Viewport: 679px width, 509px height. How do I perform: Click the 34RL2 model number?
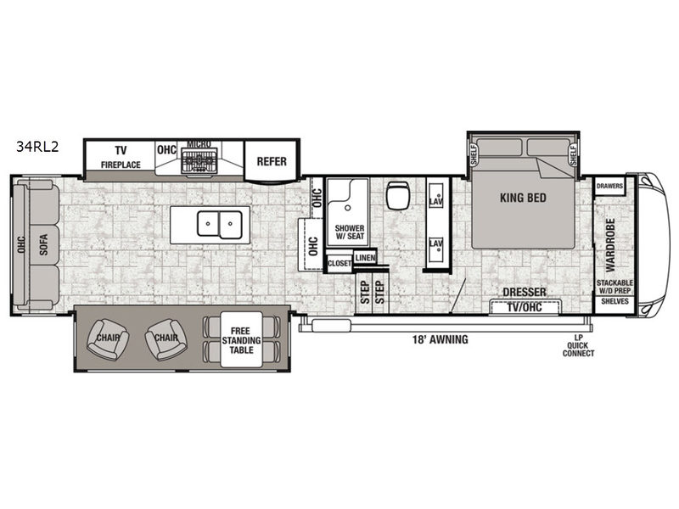pyautogui.click(x=37, y=147)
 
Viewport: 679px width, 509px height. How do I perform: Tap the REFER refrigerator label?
pyautogui.click(x=272, y=161)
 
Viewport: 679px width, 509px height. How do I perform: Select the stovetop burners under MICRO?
pyautogui.click(x=199, y=160)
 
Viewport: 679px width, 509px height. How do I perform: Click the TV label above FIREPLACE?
pyautogui.click(x=121, y=151)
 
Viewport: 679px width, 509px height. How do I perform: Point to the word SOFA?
pyautogui.click(x=43, y=244)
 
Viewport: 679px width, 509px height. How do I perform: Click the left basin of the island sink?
pyautogui.click(x=208, y=223)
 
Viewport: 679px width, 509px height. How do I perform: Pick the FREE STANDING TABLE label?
pyautogui.click(x=241, y=340)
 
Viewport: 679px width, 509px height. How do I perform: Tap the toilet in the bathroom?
pyautogui.click(x=396, y=194)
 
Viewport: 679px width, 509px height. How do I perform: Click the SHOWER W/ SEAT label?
pyautogui.click(x=350, y=232)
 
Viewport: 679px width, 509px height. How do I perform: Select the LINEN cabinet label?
pyautogui.click(x=365, y=258)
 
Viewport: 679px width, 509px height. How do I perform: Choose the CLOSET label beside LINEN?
pyautogui.click(x=339, y=263)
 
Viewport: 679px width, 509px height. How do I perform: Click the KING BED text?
pyautogui.click(x=523, y=198)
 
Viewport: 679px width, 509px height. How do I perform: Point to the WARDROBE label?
pyautogui.click(x=610, y=245)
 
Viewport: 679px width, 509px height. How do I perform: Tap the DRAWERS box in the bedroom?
pyautogui.click(x=609, y=186)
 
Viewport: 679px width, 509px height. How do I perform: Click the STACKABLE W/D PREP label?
pyautogui.click(x=614, y=287)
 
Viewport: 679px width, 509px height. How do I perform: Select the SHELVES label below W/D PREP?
pyautogui.click(x=614, y=301)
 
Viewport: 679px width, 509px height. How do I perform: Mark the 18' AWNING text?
pyautogui.click(x=440, y=339)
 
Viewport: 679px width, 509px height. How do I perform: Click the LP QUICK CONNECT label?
pyautogui.click(x=579, y=345)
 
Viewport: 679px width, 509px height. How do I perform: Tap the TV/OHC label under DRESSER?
pyautogui.click(x=525, y=307)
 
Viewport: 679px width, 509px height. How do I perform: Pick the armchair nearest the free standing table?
pyautogui.click(x=166, y=339)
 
